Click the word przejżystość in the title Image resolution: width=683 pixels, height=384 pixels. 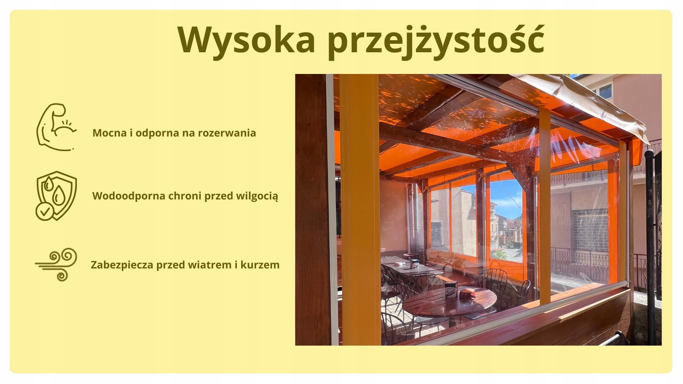436,41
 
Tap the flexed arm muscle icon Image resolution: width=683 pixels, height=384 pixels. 56,127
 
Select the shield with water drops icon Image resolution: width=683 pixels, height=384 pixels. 56,196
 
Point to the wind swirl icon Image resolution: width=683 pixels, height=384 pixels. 56,265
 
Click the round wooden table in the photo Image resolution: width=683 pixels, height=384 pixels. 450,302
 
